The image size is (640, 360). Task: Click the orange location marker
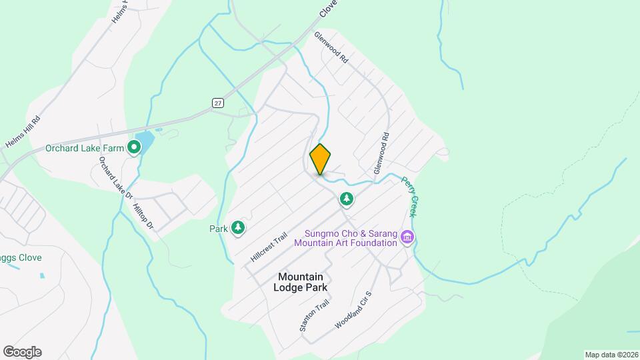(321, 159)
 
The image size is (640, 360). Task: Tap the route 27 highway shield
(218, 102)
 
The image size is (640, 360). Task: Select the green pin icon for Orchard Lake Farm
(134, 147)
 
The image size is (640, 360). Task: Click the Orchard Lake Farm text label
(85, 148)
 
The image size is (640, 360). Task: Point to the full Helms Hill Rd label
(23, 133)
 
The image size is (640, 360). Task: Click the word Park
(219, 229)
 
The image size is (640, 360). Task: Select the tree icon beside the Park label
(238, 229)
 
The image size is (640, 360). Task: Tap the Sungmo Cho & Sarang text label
(351, 233)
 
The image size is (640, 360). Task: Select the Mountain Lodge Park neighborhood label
(300, 282)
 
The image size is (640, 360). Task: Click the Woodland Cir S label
(353, 309)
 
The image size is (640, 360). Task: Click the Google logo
(22, 351)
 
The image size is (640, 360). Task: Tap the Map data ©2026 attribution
(611, 355)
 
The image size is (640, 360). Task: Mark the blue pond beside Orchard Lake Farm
(147, 141)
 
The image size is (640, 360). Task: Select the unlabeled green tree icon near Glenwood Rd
(346, 199)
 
